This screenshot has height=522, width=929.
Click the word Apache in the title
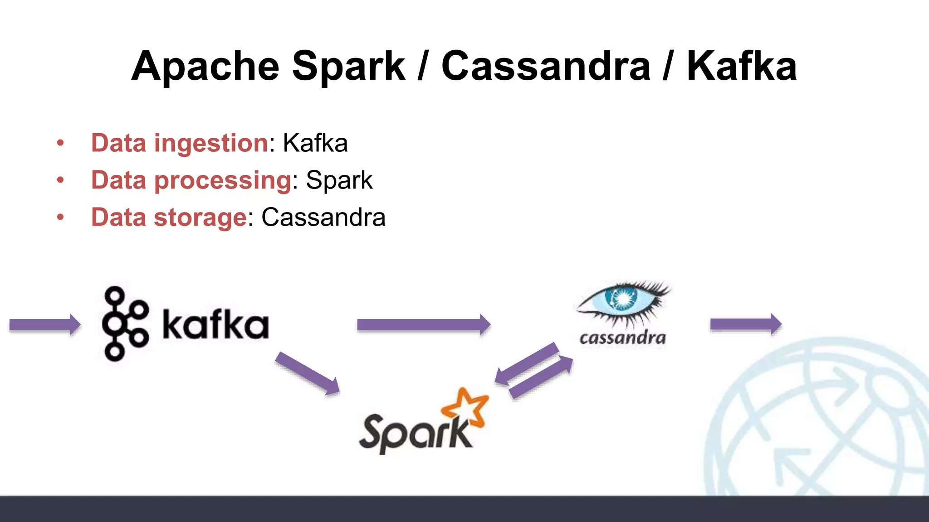pyautogui.click(x=205, y=67)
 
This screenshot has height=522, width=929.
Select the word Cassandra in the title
pyautogui.click(x=546, y=67)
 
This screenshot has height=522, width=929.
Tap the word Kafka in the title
pyautogui.click(x=742, y=67)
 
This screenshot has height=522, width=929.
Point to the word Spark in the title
pyautogui.click(x=348, y=67)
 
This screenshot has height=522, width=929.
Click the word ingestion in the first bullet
pyautogui.click(x=211, y=144)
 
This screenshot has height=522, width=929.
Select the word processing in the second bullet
pyautogui.click(x=223, y=181)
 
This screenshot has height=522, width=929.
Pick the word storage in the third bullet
pyautogui.click(x=200, y=218)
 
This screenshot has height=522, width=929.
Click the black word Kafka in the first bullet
pyautogui.click(x=315, y=144)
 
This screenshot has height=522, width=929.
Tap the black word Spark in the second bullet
pyautogui.click(x=339, y=181)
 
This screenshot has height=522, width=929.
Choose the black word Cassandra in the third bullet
pyautogui.click(x=323, y=218)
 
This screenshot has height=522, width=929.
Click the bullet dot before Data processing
pyautogui.click(x=60, y=181)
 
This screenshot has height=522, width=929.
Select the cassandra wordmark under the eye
pyautogui.click(x=622, y=338)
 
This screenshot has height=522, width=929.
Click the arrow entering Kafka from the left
pyautogui.click(x=44, y=324)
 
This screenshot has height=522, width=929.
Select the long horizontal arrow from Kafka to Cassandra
pyautogui.click(x=424, y=324)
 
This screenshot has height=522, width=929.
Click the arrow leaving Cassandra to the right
pyautogui.click(x=745, y=324)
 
